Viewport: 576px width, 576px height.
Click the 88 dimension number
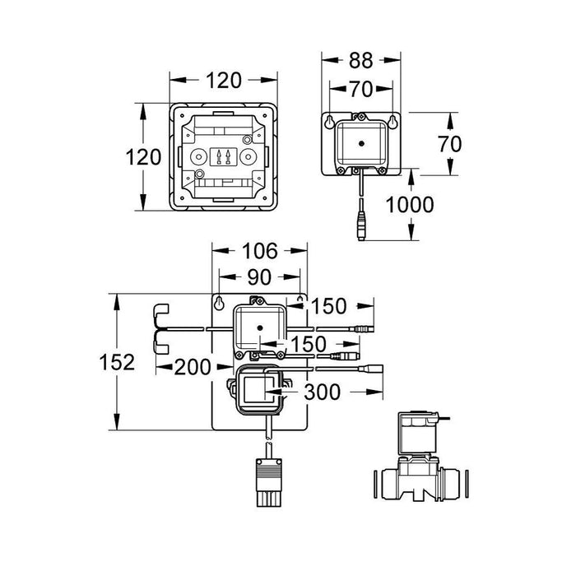click(361, 60)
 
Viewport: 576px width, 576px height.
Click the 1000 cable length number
click(410, 205)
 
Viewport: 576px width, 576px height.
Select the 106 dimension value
click(261, 250)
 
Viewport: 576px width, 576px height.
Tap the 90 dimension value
click(261, 277)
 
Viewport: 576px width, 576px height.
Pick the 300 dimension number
click(321, 393)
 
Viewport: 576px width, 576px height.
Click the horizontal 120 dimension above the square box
click(223, 81)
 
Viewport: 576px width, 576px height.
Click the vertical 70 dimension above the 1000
click(450, 144)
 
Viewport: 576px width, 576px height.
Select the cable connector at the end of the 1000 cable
click(362, 223)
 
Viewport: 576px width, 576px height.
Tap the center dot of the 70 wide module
click(360, 141)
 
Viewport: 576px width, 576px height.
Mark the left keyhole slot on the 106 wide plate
click(220, 304)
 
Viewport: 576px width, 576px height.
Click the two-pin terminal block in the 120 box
click(223, 157)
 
